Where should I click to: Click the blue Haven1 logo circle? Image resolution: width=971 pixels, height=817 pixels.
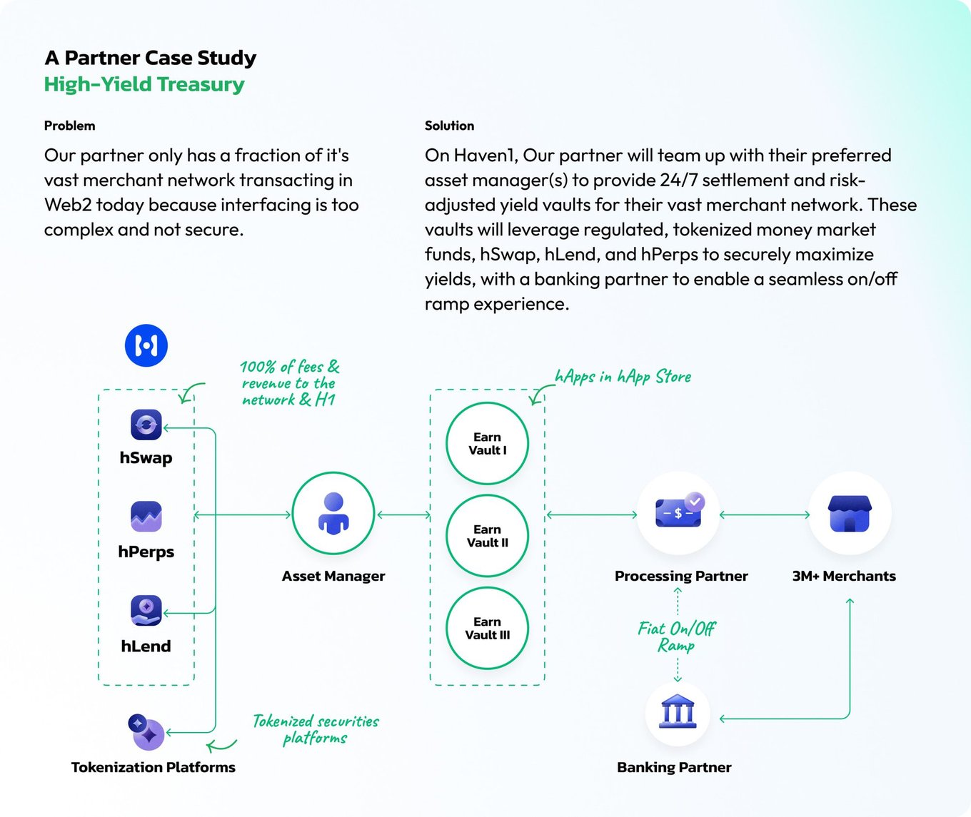coord(146,345)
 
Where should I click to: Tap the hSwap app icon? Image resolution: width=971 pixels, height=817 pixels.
coord(146,425)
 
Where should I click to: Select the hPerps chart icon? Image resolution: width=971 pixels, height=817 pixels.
coord(146,517)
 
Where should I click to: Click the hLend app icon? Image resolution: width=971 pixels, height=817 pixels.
coord(146,610)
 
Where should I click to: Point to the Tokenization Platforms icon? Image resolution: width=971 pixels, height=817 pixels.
coord(146,732)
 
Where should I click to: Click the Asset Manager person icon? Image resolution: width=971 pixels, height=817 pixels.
coord(333,514)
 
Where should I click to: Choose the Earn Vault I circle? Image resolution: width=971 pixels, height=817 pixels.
coord(488,443)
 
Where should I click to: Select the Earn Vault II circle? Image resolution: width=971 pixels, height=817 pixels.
coord(488,536)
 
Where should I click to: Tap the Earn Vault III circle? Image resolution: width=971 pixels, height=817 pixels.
coord(488,629)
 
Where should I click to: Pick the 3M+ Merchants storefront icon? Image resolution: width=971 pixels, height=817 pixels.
coord(850,514)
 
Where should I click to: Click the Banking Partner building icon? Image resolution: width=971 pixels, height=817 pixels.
coord(678,711)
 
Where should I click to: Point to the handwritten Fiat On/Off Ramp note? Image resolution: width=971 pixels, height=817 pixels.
coord(676,637)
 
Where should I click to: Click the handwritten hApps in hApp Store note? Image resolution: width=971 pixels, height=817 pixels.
coord(623,377)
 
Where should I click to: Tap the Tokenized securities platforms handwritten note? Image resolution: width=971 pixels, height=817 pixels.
coord(316,730)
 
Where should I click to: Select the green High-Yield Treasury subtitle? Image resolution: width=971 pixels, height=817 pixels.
coord(144,84)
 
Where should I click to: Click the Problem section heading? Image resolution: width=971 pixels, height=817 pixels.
coord(70,126)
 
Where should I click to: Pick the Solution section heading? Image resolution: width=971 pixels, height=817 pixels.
coord(449,126)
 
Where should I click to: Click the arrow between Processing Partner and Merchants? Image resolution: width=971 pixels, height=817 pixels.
coord(765,514)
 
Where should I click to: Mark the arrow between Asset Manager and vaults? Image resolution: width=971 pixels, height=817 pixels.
coord(403,514)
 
